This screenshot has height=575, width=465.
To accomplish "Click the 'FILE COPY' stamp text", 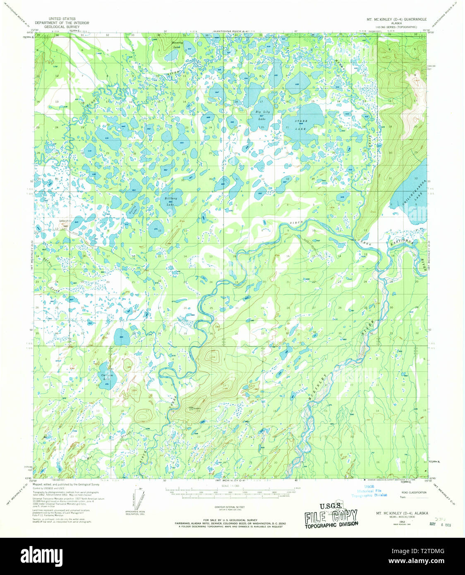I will [x=331, y=515].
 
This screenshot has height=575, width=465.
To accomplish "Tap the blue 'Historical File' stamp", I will [x=369, y=491].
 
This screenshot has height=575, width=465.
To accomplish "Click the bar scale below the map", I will [x=231, y=494].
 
